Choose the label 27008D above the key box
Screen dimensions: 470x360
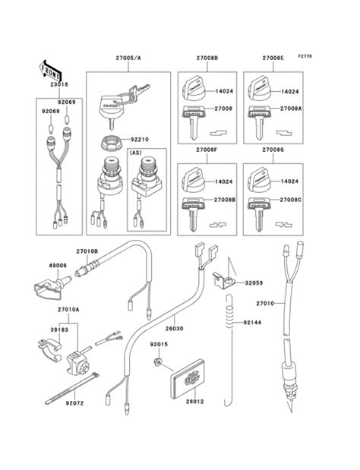(207, 58)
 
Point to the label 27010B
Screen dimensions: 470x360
(87, 251)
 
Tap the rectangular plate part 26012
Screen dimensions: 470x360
(188, 377)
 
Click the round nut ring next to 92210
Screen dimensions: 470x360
(111, 140)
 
